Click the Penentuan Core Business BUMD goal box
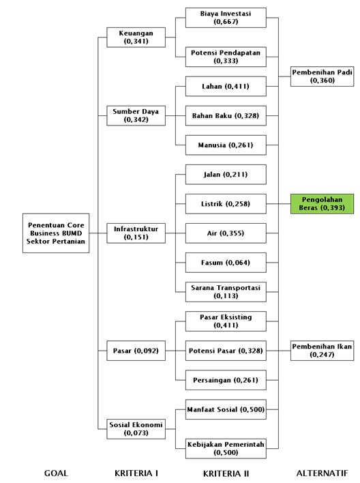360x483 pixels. point(56,233)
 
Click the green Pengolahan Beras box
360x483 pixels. point(322,203)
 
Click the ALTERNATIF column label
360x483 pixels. point(322,473)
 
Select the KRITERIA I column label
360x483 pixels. point(136,473)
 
